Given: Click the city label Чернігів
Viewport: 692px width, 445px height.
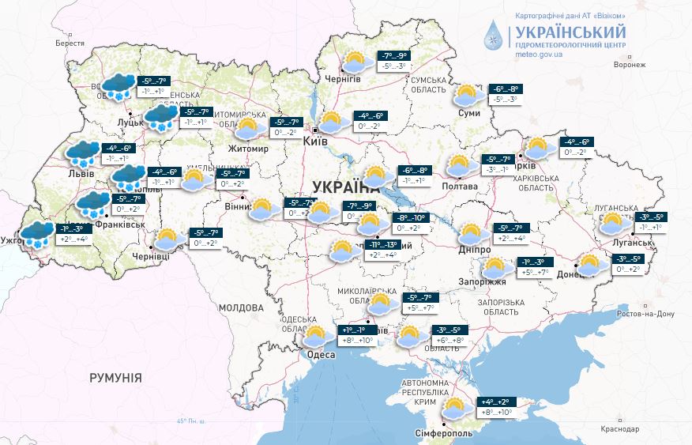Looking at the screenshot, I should [343, 80].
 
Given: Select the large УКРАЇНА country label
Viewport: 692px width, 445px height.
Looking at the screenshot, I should [345, 187].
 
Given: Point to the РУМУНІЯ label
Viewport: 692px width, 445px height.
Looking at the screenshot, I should [115, 378].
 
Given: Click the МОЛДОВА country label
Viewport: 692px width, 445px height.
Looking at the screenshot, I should [240, 307].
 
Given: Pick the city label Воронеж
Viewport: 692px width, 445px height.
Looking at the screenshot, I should [617, 66].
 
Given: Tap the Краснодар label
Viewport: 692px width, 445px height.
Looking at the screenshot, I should [619, 428].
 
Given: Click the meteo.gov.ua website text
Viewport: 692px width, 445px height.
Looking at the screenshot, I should [543, 55].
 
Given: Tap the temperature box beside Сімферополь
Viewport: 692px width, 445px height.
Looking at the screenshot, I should [495, 407].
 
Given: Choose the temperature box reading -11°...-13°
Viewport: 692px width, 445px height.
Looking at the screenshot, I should [380, 250].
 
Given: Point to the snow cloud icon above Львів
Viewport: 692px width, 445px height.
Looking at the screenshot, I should [83, 153].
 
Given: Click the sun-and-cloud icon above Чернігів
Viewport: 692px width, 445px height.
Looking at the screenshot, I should [355, 61].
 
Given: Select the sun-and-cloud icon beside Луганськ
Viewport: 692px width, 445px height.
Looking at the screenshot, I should [614, 224].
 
